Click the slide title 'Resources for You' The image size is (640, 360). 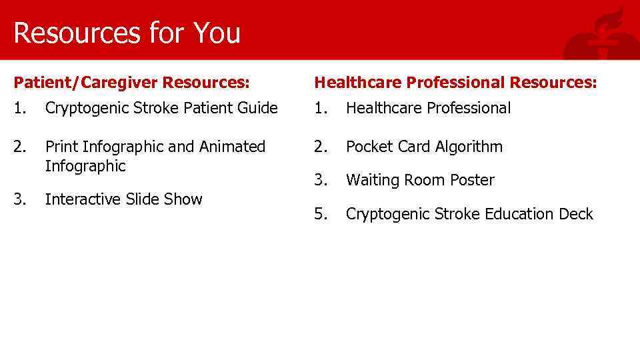[127, 33]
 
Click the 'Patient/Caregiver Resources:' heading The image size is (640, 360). [132, 83]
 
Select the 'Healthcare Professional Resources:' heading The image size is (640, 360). [456, 83]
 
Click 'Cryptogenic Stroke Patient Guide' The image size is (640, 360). [161, 108]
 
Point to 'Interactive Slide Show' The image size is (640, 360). [123, 199]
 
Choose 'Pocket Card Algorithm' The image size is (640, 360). [424, 147]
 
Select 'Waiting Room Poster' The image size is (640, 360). [420, 180]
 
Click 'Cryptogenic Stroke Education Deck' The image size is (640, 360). [469, 214]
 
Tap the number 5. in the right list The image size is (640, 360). [321, 214]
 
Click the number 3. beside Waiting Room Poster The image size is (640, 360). [321, 180]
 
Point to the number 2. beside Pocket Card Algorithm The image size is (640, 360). [321, 147]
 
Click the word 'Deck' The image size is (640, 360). [576, 214]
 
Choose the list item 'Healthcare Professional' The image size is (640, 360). [428, 108]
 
